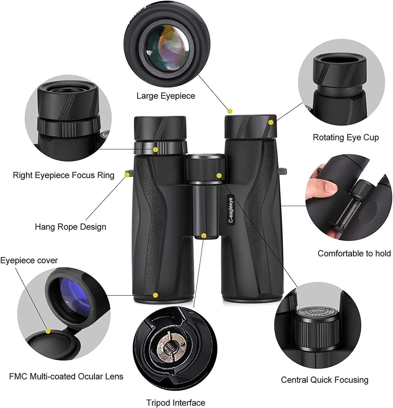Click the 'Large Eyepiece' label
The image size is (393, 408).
166,96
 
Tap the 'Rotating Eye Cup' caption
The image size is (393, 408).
346,137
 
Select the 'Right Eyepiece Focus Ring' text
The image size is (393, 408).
63,175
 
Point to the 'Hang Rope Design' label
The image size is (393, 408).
71,227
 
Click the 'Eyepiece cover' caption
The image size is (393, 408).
29,261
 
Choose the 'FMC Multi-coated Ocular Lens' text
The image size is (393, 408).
66,376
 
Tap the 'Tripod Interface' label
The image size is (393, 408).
176,403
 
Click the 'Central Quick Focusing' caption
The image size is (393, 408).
325,380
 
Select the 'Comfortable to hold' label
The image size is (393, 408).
354,254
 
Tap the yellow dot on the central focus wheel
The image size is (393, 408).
219,176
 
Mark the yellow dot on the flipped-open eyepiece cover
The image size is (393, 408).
48,331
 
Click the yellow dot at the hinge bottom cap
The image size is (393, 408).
204,236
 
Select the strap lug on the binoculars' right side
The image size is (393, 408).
284,171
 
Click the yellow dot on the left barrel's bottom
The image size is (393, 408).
156,295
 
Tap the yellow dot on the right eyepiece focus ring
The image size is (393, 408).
156,150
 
